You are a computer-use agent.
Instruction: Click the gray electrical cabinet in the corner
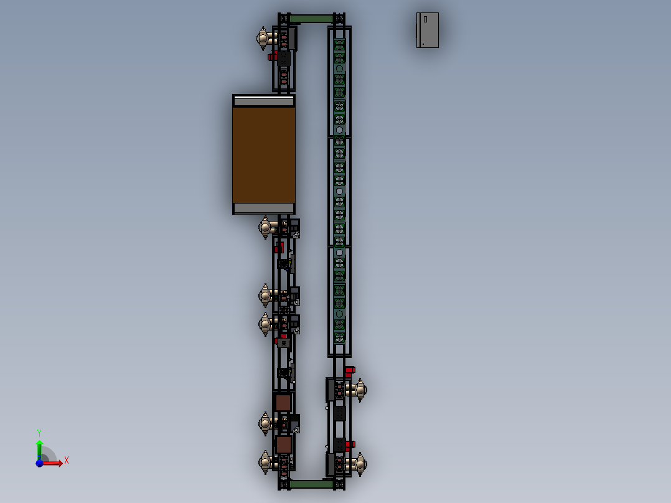(x=428, y=30)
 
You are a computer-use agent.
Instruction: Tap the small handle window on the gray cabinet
(x=425, y=20)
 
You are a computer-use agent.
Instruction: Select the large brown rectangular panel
(x=264, y=155)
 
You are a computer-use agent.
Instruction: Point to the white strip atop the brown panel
(x=264, y=101)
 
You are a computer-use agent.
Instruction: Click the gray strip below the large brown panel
(x=264, y=208)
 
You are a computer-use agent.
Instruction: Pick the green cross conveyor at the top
(x=311, y=19)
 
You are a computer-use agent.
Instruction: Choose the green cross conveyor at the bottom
(x=311, y=484)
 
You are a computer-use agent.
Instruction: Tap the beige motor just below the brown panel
(x=266, y=227)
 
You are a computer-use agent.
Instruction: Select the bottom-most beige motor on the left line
(x=266, y=463)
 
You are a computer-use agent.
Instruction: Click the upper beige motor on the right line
(x=359, y=390)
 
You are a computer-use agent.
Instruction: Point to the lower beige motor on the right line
(x=359, y=464)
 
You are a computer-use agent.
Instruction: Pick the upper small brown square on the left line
(x=283, y=403)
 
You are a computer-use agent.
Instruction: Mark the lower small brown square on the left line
(x=284, y=444)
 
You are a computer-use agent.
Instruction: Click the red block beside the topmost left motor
(x=272, y=57)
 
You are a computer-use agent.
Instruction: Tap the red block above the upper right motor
(x=349, y=370)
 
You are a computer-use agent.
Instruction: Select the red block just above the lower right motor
(x=350, y=444)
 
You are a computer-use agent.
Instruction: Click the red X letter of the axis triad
(x=66, y=461)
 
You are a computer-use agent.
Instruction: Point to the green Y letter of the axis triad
(x=39, y=432)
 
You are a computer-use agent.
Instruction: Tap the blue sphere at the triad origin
(x=39, y=463)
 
